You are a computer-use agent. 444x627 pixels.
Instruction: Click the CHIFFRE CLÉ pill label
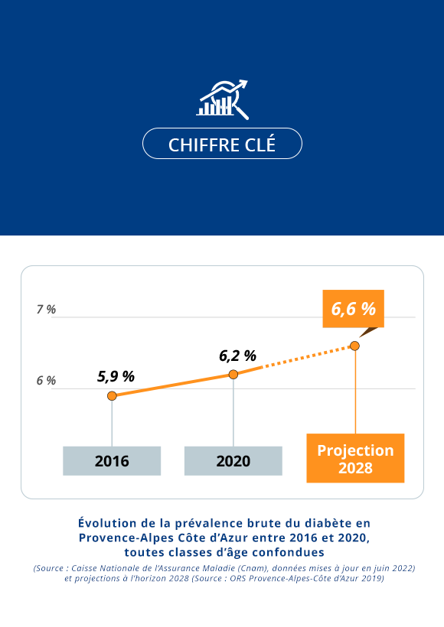[222, 144]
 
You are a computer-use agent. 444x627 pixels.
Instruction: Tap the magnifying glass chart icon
[223, 99]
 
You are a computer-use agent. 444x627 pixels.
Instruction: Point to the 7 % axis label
[46, 310]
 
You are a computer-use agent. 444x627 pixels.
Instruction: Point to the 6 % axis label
[46, 381]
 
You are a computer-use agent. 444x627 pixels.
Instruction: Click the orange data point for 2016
[112, 395]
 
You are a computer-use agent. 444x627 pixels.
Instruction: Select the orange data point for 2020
[233, 374]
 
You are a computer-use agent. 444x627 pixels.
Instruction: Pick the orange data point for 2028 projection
[354, 346]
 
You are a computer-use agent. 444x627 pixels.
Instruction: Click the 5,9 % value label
[116, 376]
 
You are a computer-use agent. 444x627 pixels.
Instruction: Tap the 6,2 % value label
[237, 356]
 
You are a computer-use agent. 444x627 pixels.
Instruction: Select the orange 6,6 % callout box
[353, 309]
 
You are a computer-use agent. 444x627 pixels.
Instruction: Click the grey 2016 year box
[112, 461]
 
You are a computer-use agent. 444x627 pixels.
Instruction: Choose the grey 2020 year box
[233, 461]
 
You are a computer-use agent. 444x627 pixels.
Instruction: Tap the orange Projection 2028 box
[355, 459]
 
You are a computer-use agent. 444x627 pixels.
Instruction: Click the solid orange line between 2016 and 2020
[172, 385]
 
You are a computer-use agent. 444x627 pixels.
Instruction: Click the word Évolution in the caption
[109, 523]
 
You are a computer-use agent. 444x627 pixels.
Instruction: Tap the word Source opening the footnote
[54, 568]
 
